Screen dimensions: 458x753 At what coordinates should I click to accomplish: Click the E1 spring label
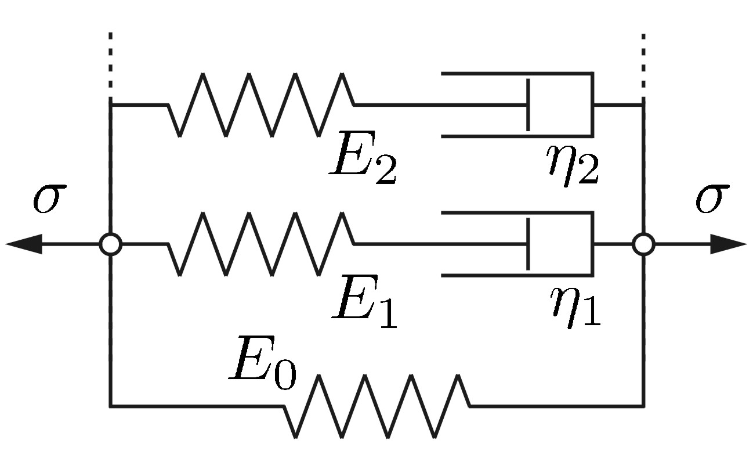click(x=364, y=307)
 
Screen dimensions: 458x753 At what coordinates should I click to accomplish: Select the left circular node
click(x=110, y=244)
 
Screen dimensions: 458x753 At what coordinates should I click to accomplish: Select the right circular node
click(x=643, y=244)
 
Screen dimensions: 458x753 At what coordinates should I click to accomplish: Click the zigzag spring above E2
click(x=261, y=105)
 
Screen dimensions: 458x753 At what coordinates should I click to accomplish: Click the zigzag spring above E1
click(x=261, y=244)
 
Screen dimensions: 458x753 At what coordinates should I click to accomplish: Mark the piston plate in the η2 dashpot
click(x=528, y=105)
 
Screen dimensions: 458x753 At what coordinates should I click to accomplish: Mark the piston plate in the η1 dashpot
click(x=528, y=244)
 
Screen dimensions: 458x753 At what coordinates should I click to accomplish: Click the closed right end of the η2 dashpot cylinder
click(x=592, y=105)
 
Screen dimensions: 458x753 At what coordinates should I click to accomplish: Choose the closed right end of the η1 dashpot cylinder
click(x=592, y=244)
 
